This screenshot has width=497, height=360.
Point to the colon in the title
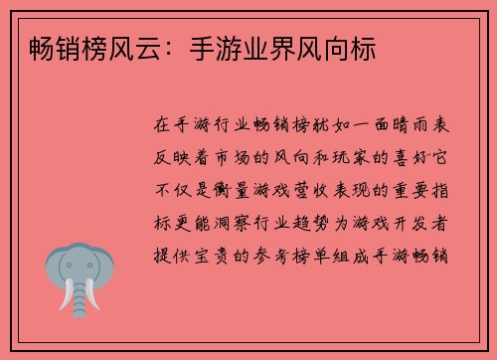click(170, 49)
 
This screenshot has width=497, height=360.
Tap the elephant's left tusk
click(65, 295)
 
